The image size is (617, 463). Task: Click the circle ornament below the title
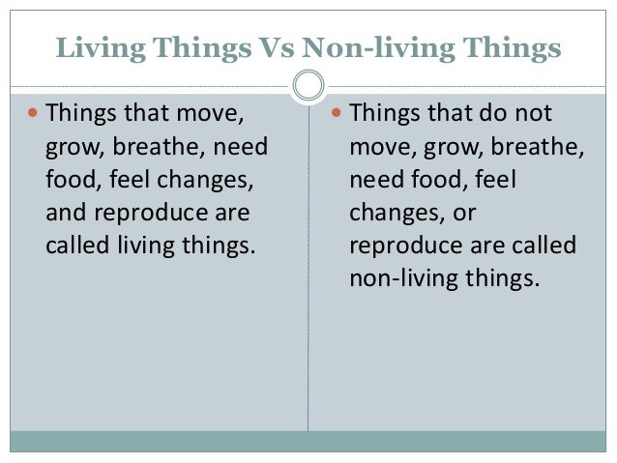(308, 86)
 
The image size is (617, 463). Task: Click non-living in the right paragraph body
(397, 278)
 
